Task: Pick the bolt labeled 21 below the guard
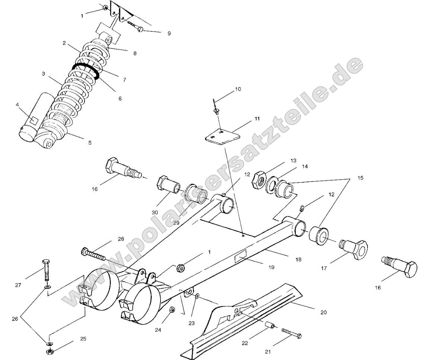coord(292,333)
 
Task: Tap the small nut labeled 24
coord(172,310)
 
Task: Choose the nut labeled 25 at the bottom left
coord(49,351)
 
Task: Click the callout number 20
coord(323,312)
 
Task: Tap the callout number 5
coord(89,142)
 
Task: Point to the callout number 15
coord(360,178)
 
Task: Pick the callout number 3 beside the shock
coord(43,74)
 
